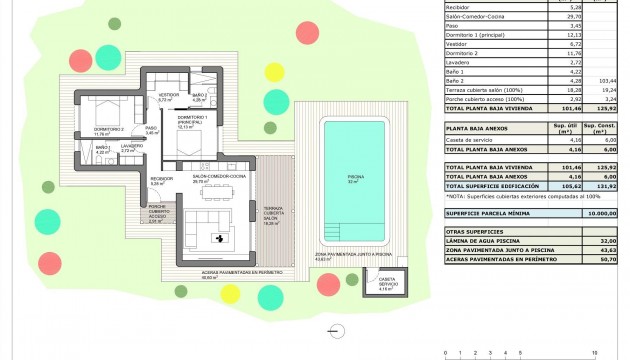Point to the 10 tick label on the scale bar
click(x=595, y=353)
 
